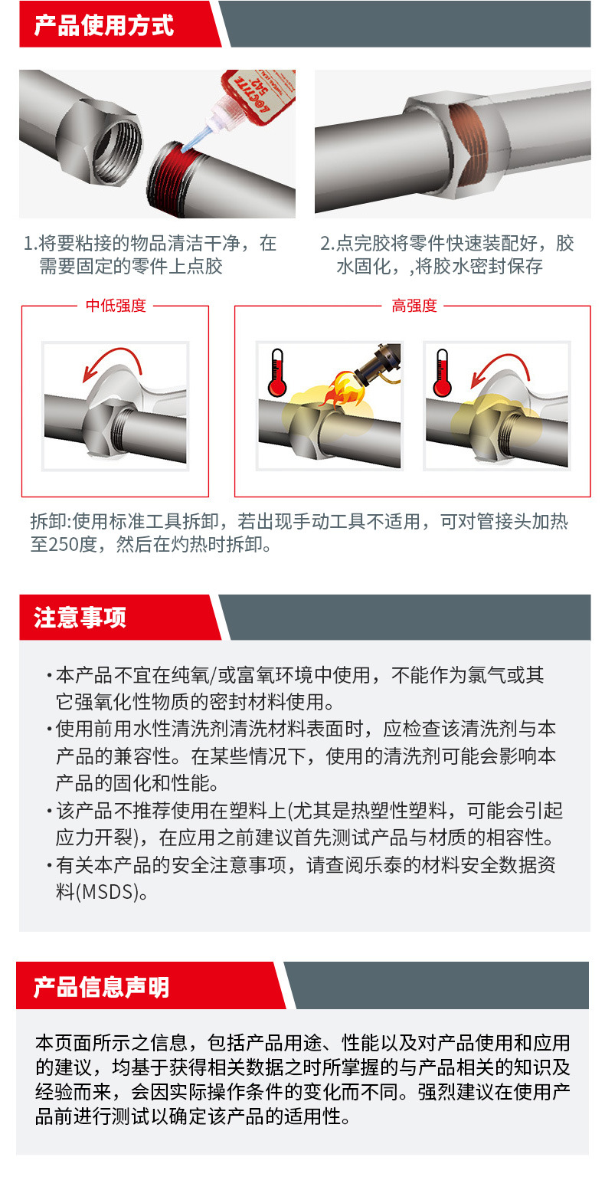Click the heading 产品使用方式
[x=103, y=25]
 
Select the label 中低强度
[x=116, y=306]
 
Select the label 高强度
[x=414, y=306]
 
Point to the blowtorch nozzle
[x=378, y=362]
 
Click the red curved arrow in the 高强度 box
[x=499, y=366]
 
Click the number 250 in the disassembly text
[x=64, y=544]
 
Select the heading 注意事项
[x=80, y=618]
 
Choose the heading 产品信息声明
[x=101, y=987]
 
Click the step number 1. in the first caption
[x=30, y=243]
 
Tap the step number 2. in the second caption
[x=328, y=243]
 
